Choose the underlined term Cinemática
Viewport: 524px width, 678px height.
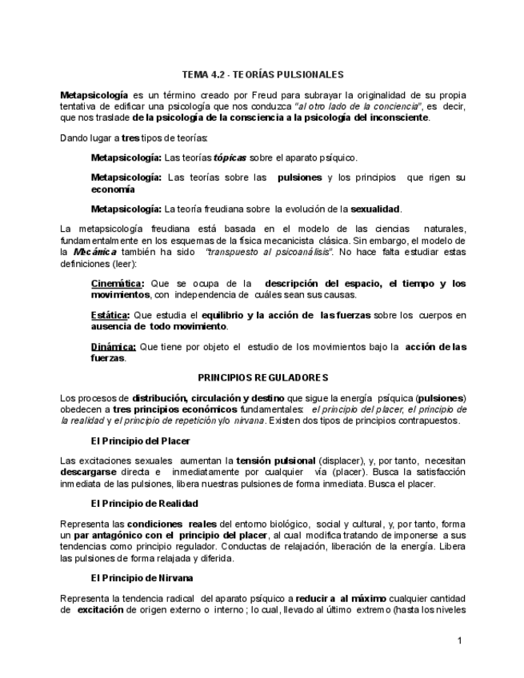pyautogui.click(x=118, y=284)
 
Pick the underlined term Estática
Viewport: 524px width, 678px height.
pyautogui.click(x=110, y=316)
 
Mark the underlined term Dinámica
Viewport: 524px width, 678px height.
pyautogui.click(x=114, y=347)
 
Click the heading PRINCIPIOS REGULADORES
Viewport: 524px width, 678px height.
pyautogui.click(x=263, y=377)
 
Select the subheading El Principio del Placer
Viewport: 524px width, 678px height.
pyautogui.click(x=141, y=441)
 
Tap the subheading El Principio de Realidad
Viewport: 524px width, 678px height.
pyautogui.click(x=144, y=504)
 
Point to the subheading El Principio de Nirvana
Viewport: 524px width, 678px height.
pyautogui.click(x=142, y=577)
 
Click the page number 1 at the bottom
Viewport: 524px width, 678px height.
pyautogui.click(x=460, y=640)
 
